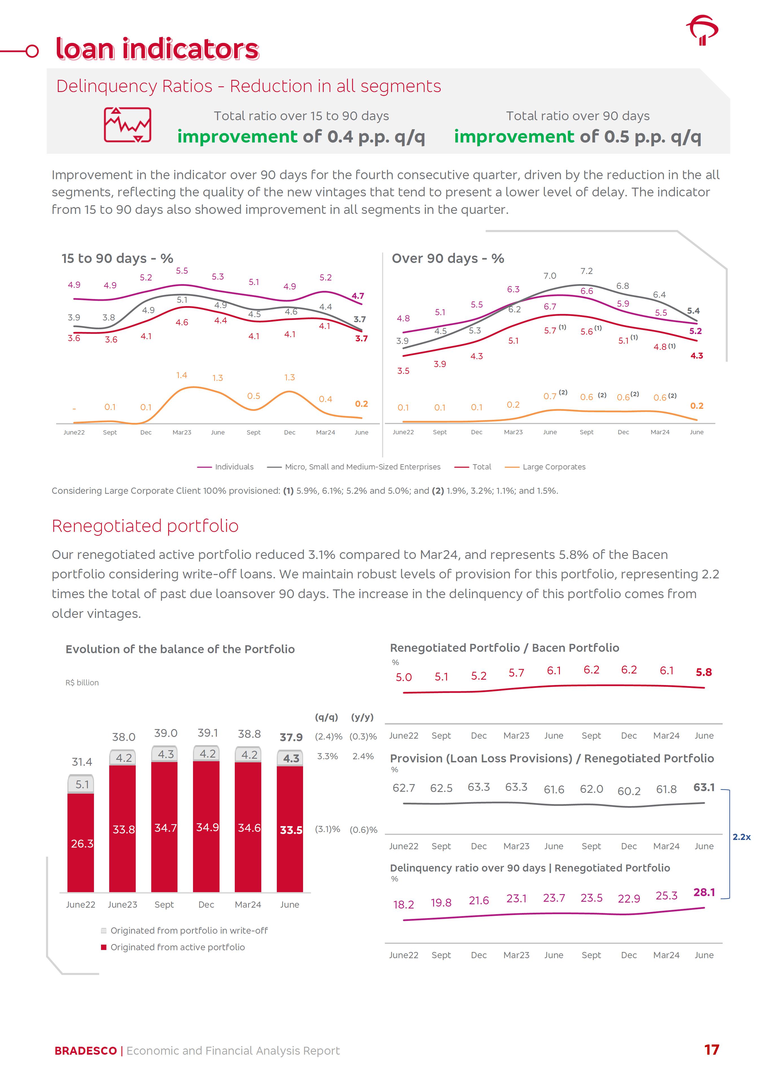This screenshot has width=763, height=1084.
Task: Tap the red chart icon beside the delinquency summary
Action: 128,125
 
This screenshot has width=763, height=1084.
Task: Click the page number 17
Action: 711,1050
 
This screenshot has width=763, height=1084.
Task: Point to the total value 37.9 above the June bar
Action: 291,737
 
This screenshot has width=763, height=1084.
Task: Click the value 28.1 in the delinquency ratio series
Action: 703,892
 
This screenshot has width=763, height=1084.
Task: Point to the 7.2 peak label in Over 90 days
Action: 586,271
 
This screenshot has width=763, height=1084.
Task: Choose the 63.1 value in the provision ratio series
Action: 703,787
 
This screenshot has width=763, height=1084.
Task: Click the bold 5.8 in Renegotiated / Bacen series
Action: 703,672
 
